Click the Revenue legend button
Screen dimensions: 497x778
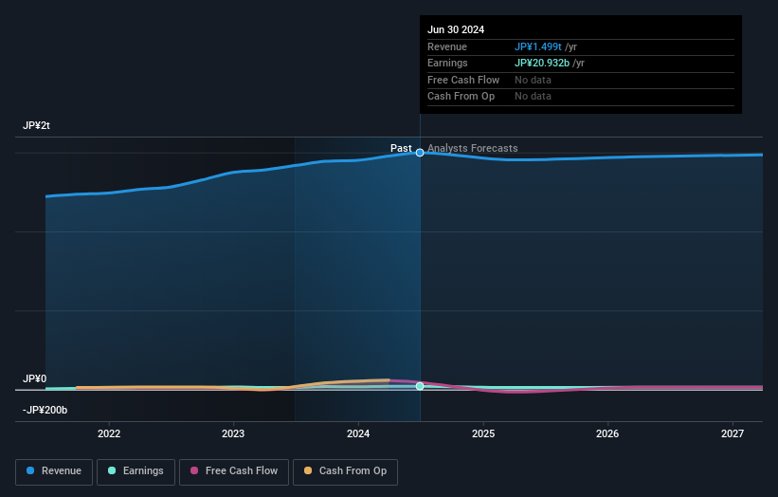click(x=54, y=471)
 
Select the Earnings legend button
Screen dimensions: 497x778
click(x=136, y=471)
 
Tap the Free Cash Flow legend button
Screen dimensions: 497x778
click(x=234, y=471)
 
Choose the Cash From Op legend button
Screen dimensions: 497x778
click(x=344, y=471)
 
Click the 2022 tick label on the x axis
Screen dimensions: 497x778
click(x=109, y=434)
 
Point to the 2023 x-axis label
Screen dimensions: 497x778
click(x=233, y=434)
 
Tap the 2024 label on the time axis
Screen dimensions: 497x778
click(x=358, y=434)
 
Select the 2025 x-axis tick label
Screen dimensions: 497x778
click(x=483, y=434)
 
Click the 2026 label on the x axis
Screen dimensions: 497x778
click(x=607, y=434)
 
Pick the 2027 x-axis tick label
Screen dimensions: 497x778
click(x=733, y=434)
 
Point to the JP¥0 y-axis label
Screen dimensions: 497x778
click(x=36, y=378)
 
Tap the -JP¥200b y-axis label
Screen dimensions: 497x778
click(x=45, y=410)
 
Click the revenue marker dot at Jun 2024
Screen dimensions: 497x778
click(x=420, y=153)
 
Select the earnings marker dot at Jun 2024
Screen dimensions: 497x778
click(x=420, y=386)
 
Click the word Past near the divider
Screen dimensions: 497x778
click(x=401, y=148)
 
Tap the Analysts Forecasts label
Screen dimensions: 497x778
click(x=473, y=148)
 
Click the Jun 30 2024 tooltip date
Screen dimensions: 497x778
click(x=456, y=29)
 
